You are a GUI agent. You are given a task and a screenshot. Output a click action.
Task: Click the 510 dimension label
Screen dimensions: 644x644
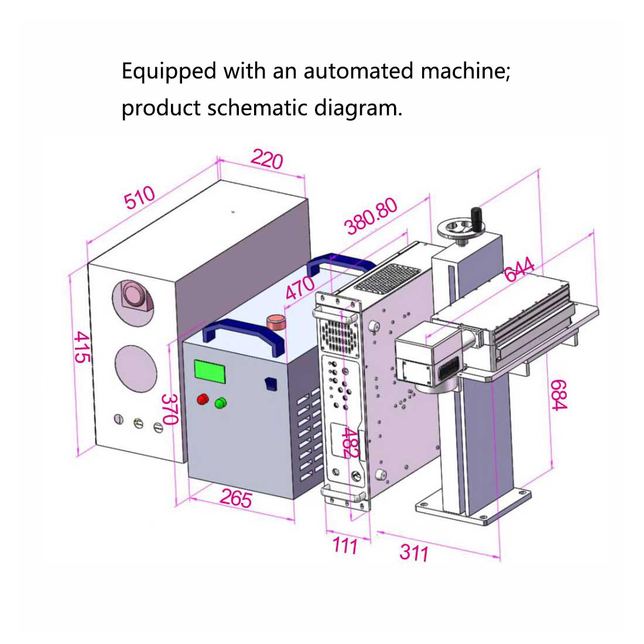[x=139, y=198]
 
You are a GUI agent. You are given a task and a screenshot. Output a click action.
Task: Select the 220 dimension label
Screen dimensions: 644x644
[x=267, y=159]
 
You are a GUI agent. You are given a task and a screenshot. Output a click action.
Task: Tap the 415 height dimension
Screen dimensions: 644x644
[x=83, y=347]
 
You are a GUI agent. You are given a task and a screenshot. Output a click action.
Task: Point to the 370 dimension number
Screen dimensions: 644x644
[x=170, y=409]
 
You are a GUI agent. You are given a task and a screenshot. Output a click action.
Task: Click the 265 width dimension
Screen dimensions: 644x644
[x=236, y=498]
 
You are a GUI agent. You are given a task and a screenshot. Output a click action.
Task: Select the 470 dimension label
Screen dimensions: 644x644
[x=300, y=288]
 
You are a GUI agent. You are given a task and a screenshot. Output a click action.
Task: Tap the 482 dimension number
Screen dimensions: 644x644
[x=350, y=443]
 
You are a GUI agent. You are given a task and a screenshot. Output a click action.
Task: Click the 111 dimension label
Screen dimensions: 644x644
[x=345, y=546]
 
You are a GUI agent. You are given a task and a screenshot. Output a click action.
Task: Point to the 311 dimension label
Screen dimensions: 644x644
[x=414, y=552]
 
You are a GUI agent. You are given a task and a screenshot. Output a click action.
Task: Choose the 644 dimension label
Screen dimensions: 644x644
[x=519, y=270]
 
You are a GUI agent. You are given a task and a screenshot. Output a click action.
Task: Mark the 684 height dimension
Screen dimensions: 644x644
[x=559, y=395]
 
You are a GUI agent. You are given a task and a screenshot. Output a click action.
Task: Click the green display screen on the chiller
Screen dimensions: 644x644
[x=211, y=372]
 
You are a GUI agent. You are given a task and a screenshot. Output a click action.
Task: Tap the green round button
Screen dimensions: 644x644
[x=221, y=403]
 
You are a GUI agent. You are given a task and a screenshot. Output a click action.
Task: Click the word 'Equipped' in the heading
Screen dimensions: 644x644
[x=169, y=71]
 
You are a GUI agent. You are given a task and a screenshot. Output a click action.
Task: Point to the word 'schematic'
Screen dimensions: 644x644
[x=258, y=108]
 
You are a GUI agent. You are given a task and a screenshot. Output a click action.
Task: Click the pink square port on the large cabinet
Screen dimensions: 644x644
[x=136, y=296]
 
